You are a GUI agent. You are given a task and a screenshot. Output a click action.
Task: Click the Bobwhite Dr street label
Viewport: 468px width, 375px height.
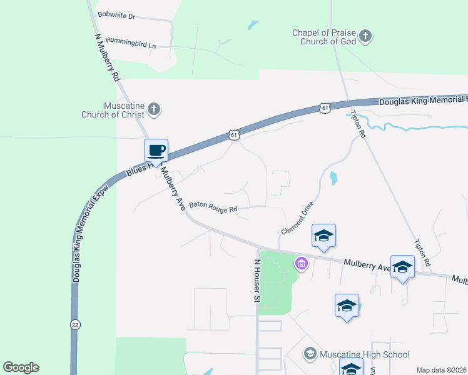coord(116,16)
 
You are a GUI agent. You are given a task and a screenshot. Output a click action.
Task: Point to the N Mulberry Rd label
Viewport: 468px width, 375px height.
coord(106,56)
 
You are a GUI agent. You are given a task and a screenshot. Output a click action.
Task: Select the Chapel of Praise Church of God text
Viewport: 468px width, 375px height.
coord(323,37)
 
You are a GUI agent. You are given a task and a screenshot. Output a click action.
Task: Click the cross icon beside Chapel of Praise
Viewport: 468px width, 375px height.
coord(366,36)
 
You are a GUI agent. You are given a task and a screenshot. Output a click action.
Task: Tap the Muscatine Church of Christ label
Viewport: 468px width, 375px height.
coord(113,110)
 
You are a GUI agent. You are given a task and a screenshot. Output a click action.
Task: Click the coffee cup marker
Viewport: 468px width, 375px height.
coord(156,151)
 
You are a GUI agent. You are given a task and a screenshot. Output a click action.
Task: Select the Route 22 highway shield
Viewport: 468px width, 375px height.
coord(75,324)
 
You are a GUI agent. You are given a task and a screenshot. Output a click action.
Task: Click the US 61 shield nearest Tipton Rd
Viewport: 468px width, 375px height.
coord(325,107)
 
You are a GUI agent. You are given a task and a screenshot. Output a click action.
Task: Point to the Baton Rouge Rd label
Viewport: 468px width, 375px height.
coord(213,206)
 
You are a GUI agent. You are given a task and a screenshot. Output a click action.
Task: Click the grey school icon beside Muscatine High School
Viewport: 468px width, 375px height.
coord(310,354)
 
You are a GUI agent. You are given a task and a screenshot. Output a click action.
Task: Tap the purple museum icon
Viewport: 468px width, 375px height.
coord(302,264)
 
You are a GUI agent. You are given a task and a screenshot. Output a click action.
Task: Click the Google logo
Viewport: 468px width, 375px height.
coord(21,367)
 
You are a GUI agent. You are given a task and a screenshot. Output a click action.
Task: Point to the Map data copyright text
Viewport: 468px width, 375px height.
coord(441,370)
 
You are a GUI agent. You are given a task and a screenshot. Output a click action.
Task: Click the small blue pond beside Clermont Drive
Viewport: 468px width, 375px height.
coord(333,178)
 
